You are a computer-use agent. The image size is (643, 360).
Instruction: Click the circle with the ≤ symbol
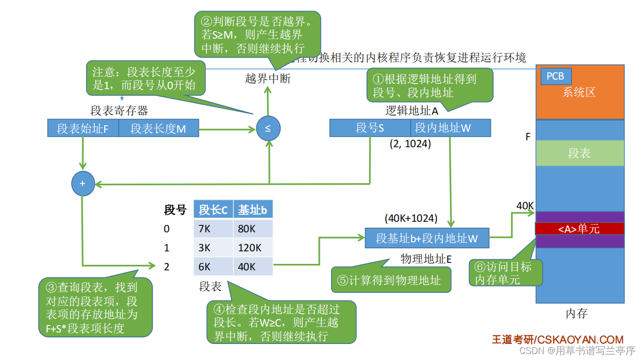pyautogui.click(x=268, y=128)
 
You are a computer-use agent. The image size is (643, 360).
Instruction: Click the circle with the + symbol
pyautogui.click(x=83, y=184)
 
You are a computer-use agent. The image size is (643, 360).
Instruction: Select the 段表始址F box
pyautogui.click(x=83, y=129)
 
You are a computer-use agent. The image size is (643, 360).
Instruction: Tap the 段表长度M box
pyautogui.click(x=158, y=129)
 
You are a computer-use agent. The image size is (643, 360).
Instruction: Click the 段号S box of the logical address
pyautogui.click(x=370, y=128)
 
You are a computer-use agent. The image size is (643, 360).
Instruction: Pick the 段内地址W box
pyautogui.click(x=450, y=128)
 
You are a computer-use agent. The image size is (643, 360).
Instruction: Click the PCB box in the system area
pyautogui.click(x=555, y=76)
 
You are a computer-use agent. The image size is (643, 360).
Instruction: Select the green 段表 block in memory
pyautogui.click(x=579, y=153)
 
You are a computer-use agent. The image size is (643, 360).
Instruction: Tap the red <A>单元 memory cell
pyautogui.click(x=579, y=229)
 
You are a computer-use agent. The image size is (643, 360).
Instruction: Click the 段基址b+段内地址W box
pyautogui.click(x=427, y=238)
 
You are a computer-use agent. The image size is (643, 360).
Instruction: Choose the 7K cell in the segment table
pyautogui.click(x=213, y=229)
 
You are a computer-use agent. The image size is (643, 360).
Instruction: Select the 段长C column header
pyautogui.click(x=213, y=210)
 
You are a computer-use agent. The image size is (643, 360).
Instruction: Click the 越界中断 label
pyautogui.click(x=267, y=79)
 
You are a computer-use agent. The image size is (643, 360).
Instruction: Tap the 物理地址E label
pyautogui.click(x=426, y=259)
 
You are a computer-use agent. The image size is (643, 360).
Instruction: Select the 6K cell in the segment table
pyautogui.click(x=213, y=267)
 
